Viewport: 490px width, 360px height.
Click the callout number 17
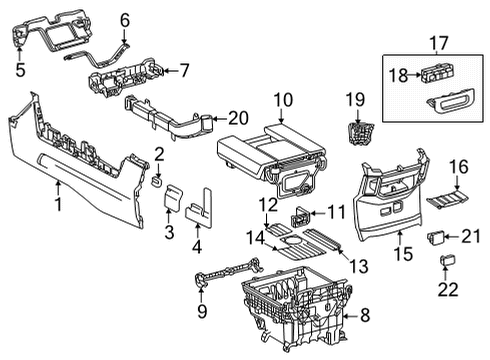[x=439, y=43]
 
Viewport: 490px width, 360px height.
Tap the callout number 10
[x=283, y=100]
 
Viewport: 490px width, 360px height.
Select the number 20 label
[x=238, y=118]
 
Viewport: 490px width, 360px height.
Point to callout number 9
[x=202, y=311]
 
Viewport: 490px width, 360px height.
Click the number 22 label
[x=448, y=289]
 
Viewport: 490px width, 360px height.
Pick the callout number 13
[x=358, y=266]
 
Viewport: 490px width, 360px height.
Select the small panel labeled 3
[x=174, y=197]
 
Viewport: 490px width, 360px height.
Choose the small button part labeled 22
[x=446, y=259]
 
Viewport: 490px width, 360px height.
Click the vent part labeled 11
[x=301, y=216]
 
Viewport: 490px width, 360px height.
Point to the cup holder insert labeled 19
[x=360, y=134]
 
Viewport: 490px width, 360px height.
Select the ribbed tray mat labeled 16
[x=447, y=198]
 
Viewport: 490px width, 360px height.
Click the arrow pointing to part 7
[x=171, y=70]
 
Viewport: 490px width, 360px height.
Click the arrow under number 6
[x=124, y=36]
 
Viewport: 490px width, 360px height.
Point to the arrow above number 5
[x=20, y=53]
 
